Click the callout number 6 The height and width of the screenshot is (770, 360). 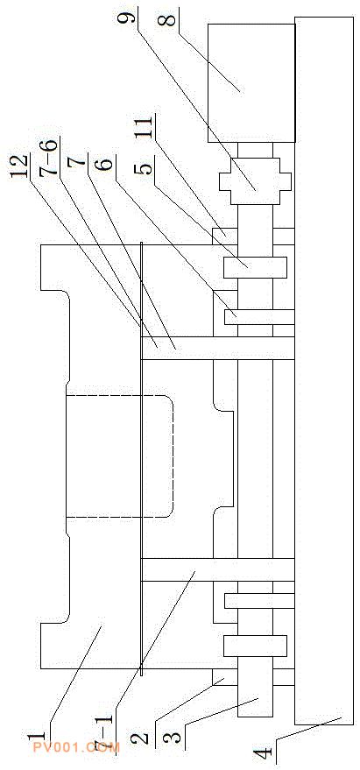tap(106, 162)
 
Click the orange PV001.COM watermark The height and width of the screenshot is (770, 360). tap(75, 748)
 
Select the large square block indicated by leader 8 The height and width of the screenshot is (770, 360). tap(251, 83)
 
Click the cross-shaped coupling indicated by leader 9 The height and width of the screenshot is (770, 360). tap(256, 180)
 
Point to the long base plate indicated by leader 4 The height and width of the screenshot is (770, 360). tap(324, 371)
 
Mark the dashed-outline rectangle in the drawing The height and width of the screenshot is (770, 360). tap(119, 456)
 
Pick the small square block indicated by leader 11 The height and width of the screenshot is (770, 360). tap(225, 237)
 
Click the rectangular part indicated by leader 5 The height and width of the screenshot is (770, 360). tap(255, 268)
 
